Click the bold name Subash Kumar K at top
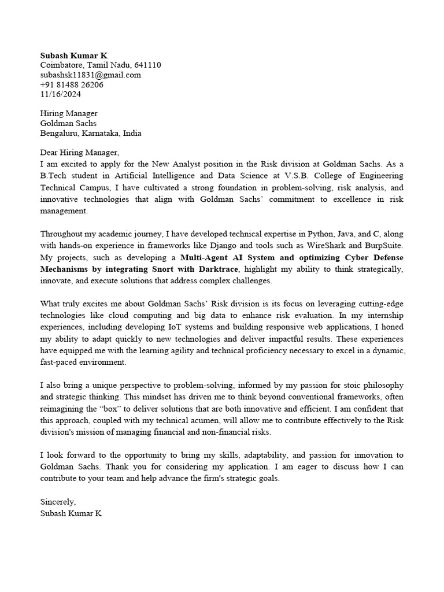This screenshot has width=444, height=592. [x=70, y=55]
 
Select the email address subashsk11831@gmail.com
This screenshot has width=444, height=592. [x=90, y=75]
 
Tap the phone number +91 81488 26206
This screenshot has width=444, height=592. [x=72, y=84]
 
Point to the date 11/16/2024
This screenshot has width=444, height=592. [x=61, y=94]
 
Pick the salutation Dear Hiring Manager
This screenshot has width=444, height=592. [x=79, y=153]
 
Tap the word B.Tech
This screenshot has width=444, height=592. [x=53, y=176]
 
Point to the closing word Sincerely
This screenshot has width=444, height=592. [x=57, y=502]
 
